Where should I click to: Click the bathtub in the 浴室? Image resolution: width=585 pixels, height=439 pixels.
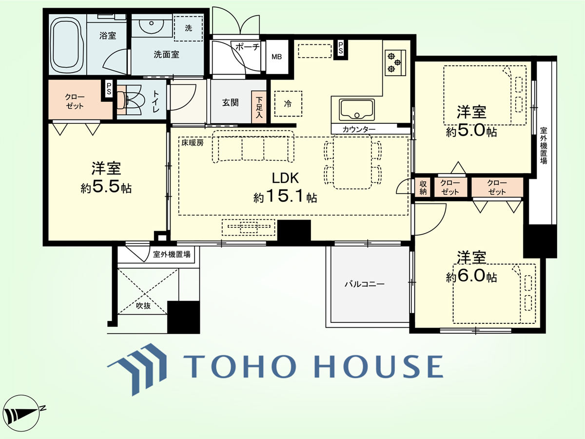(67, 44)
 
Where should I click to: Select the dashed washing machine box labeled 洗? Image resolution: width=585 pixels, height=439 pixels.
(188, 28)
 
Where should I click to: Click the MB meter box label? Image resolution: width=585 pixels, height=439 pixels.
(276, 57)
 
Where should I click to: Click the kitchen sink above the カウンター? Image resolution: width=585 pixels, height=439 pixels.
(356, 110)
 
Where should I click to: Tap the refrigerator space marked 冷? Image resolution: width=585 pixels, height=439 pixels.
(288, 104)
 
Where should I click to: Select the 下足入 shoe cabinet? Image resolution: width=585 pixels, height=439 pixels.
(259, 107)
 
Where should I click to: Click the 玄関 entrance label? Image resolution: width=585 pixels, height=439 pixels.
(230, 102)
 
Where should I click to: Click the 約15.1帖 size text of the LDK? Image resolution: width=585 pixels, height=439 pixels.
(285, 197)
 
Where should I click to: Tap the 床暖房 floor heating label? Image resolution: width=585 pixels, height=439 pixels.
(193, 143)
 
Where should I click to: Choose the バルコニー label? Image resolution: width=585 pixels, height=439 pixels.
(365, 284)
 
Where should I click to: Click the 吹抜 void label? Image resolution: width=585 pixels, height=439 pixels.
(143, 306)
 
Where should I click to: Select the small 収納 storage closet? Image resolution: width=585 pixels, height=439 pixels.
(423, 188)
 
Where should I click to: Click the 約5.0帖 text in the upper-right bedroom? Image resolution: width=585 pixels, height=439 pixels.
(471, 131)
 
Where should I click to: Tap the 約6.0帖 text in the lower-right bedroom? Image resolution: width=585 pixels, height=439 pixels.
(471, 277)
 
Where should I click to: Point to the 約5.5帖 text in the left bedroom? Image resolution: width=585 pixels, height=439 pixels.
(106, 187)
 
